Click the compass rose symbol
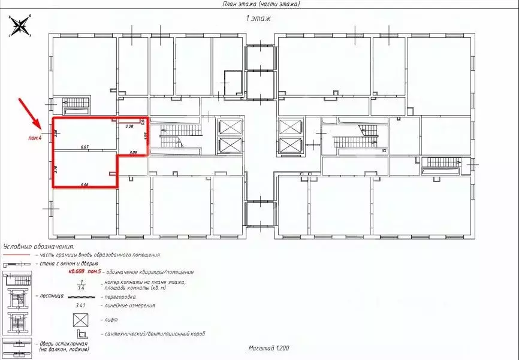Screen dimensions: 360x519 pyautogui.click(x=20, y=26)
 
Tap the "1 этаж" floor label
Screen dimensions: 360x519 pyautogui.click(x=259, y=19)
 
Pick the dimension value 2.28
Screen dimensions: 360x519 pyautogui.click(x=129, y=126)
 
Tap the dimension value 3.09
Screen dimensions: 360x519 pyautogui.click(x=133, y=153)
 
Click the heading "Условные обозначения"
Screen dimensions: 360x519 pyautogui.click(x=39, y=246)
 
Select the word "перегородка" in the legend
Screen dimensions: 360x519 pyautogui.click(x=120, y=297)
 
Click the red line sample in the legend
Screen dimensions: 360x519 pyautogui.click(x=16, y=255)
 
